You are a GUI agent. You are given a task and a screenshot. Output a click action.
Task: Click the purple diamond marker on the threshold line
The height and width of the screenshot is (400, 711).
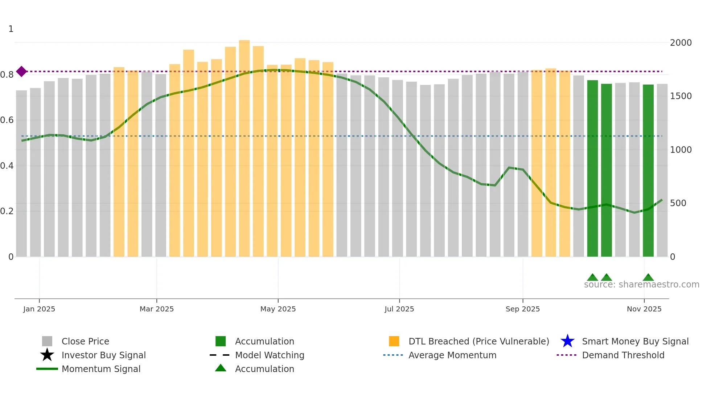21,72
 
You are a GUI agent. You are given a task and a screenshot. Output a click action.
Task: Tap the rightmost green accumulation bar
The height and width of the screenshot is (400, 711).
648,171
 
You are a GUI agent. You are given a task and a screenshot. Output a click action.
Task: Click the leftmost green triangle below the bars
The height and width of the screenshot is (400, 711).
592,278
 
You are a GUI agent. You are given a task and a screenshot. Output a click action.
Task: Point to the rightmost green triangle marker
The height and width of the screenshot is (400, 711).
648,278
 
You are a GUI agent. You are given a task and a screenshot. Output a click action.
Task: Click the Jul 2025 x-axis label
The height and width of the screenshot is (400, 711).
399,309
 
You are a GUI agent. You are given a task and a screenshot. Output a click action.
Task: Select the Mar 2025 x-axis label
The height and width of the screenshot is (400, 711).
156,309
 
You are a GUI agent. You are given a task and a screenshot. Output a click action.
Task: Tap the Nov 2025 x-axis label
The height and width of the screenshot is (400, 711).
644,309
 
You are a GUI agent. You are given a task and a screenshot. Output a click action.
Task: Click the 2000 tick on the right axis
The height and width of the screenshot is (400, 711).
681,43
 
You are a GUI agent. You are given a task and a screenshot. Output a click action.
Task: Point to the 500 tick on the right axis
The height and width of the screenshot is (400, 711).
678,203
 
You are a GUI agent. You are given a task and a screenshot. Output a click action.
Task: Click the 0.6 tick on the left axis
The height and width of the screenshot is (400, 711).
7,120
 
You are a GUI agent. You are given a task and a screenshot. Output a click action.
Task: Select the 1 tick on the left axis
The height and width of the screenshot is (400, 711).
11,29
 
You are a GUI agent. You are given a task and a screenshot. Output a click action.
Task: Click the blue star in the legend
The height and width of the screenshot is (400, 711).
567,341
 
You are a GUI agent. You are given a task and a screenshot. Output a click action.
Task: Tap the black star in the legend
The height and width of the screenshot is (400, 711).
47,355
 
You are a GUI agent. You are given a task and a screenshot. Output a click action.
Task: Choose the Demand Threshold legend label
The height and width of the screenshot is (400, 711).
623,355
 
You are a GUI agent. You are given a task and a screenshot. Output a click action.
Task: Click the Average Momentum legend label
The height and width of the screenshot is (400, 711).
452,355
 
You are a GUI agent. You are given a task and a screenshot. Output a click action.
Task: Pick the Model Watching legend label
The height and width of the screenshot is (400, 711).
270,355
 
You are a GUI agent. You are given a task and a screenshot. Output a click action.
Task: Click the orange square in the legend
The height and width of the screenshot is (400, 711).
394,341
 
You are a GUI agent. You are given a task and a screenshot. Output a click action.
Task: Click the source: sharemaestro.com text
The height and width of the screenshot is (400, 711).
641,285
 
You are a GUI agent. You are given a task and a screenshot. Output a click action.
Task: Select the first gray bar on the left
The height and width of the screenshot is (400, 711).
21,174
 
